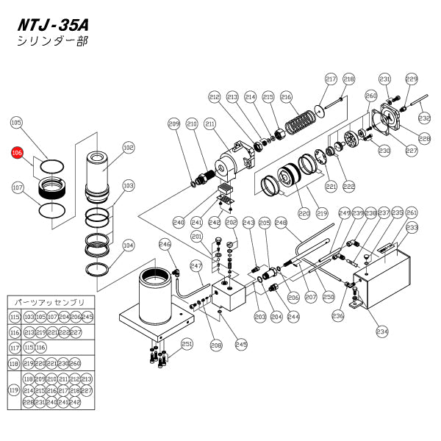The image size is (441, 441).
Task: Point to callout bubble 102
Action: click(x=129, y=148)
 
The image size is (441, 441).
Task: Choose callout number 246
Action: click(x=165, y=245)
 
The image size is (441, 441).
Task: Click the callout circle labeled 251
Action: click(x=187, y=343)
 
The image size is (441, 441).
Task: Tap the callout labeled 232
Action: click(x=424, y=118)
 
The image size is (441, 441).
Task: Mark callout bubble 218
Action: click(x=348, y=79)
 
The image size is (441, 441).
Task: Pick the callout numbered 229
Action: click(x=412, y=79)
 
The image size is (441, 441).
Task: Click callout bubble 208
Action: click(x=216, y=344)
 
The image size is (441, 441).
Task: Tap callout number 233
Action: click(x=412, y=228)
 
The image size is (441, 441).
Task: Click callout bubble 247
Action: click(x=196, y=265)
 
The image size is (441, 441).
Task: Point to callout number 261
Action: click(x=412, y=213)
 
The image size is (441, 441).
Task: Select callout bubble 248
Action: click(x=280, y=222)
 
